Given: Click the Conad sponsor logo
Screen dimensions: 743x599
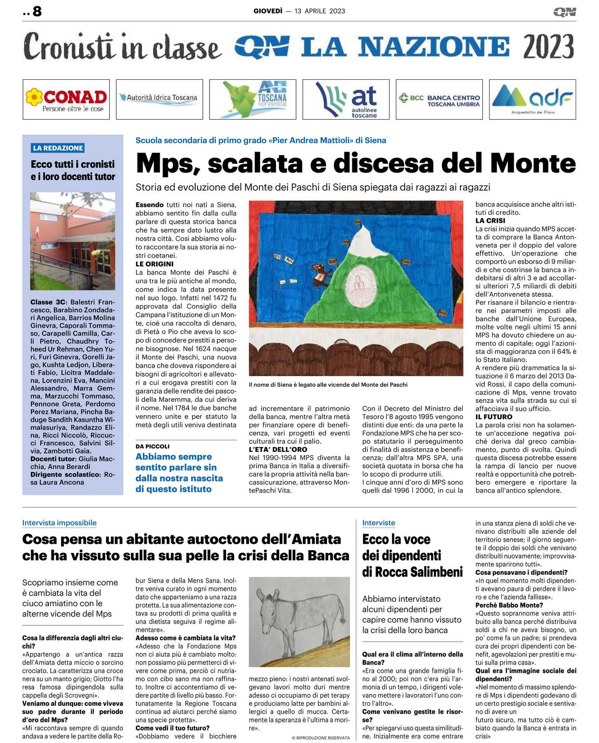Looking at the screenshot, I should tap(66, 100).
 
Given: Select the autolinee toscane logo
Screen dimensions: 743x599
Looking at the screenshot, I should tap(346, 100).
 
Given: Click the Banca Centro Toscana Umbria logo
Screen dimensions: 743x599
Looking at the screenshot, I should tap(439, 100).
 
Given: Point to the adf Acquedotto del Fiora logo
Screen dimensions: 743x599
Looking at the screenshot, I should tap(532, 100).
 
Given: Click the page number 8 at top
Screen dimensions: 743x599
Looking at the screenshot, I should tap(37, 11).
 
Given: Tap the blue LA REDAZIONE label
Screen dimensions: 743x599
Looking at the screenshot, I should tap(58, 148).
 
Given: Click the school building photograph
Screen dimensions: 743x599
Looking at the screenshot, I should tap(73, 241).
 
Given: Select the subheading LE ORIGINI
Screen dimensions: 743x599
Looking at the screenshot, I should tap(154, 264).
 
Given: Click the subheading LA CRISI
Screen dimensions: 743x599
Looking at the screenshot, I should tap(490, 221).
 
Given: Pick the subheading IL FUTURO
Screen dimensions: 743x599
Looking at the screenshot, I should tap(494, 417).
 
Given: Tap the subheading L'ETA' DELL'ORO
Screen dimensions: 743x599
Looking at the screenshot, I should tap(278, 449).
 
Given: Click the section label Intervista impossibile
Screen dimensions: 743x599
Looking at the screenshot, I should tap(59, 523).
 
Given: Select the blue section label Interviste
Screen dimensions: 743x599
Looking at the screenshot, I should tap(379, 523).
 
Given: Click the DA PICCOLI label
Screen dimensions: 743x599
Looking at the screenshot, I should tap(153, 447).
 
